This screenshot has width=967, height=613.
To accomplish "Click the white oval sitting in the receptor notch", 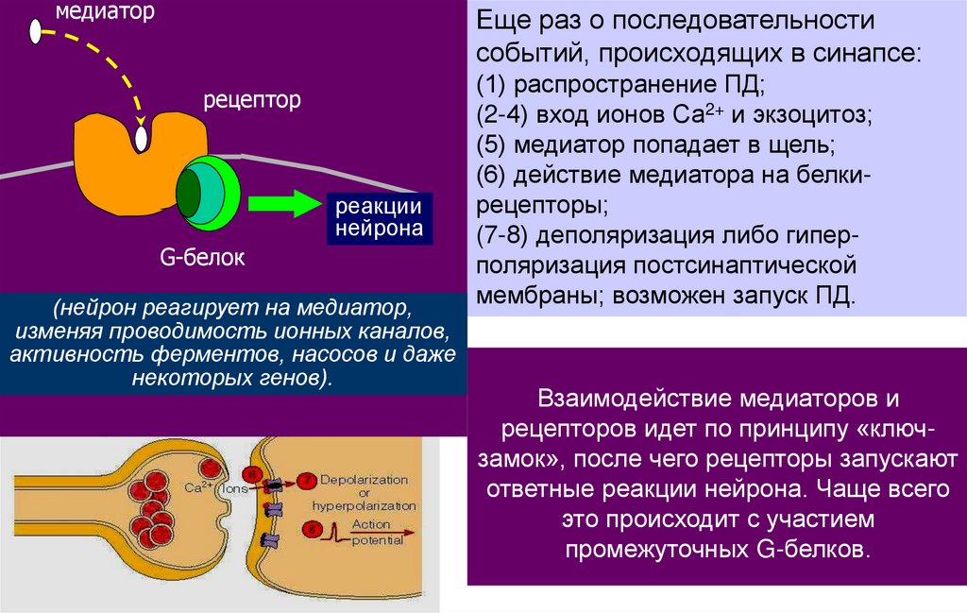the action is (142, 139).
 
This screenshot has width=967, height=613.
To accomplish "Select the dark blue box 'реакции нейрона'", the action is (374, 217).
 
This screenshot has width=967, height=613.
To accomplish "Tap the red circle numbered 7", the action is (308, 481).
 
